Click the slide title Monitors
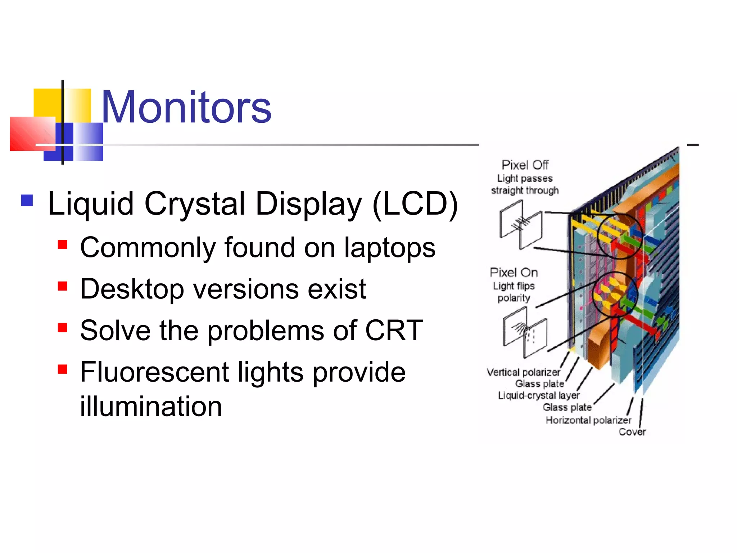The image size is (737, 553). pos(186,107)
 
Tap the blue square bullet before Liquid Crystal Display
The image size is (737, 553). pos(27,201)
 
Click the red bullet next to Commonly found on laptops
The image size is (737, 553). pos(63,245)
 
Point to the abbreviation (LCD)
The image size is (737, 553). pos(415,204)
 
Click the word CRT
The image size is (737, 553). pos(394,330)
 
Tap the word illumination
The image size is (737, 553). pos(151,406)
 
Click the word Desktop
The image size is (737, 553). pos(132,289)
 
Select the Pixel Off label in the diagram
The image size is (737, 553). pos(525,165)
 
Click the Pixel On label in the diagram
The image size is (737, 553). pos(514,273)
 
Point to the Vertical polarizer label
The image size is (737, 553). pos(523,372)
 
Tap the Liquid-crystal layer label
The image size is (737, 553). pos(539,395)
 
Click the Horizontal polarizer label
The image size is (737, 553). pos(588,420)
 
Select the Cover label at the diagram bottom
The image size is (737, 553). pos(632,432)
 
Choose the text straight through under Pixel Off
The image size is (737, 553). pos(525,190)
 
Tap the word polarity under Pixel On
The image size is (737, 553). pos(514,298)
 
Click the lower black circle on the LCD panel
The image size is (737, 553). pos(614,294)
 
